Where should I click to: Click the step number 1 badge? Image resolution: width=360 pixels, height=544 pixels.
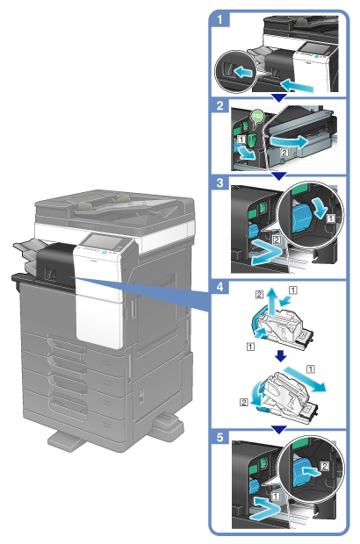[x=220, y=19]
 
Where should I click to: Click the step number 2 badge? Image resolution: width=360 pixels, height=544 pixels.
[x=220, y=105]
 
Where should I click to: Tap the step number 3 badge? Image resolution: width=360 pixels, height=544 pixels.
[x=220, y=183]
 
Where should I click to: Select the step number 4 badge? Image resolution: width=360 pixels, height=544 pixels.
[x=220, y=287]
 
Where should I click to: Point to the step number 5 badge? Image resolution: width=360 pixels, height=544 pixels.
[x=220, y=437]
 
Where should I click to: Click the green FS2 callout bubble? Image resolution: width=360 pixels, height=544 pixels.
[x=257, y=117]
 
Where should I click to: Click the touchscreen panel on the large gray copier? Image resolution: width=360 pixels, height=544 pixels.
[x=103, y=240]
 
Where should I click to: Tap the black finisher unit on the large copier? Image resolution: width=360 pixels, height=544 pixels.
[x=55, y=265]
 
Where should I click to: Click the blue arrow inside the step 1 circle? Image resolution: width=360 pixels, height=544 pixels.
[x=242, y=72]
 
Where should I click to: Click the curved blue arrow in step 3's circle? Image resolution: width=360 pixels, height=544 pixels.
[x=320, y=207]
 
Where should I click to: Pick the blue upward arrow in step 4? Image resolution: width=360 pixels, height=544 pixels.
[x=273, y=302]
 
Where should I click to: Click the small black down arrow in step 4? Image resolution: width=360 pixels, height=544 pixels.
[x=280, y=356]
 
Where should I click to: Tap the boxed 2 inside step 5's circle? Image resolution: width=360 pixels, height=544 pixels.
[x=324, y=466]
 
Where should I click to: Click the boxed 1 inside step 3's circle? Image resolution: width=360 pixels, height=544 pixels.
[x=331, y=218]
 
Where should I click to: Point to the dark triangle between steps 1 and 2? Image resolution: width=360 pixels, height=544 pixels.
[x=278, y=97]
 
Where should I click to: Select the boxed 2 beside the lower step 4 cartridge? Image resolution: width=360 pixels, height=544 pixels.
[x=244, y=402]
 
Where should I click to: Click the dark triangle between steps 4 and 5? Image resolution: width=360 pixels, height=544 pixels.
[x=278, y=430]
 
